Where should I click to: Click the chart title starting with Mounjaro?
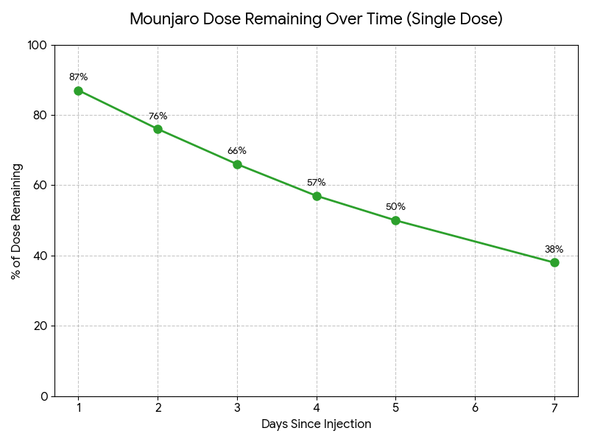316,19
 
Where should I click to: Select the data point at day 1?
78,91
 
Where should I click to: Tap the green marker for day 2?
158,129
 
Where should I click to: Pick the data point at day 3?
237,164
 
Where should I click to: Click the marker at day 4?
317,196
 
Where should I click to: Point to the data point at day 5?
395,220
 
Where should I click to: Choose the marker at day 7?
554,262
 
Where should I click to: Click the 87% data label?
78,77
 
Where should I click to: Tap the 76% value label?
158,116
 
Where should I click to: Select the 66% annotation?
237,150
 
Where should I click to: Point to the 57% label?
317,182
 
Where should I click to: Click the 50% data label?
395,206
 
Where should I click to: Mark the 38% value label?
554,249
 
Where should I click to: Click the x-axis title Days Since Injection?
316,424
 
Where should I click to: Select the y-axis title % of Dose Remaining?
16,221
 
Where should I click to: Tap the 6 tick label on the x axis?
475,408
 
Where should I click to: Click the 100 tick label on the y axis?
38,46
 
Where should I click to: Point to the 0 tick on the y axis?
44,396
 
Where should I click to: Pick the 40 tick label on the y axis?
40,256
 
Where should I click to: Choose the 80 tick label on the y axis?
40,116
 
